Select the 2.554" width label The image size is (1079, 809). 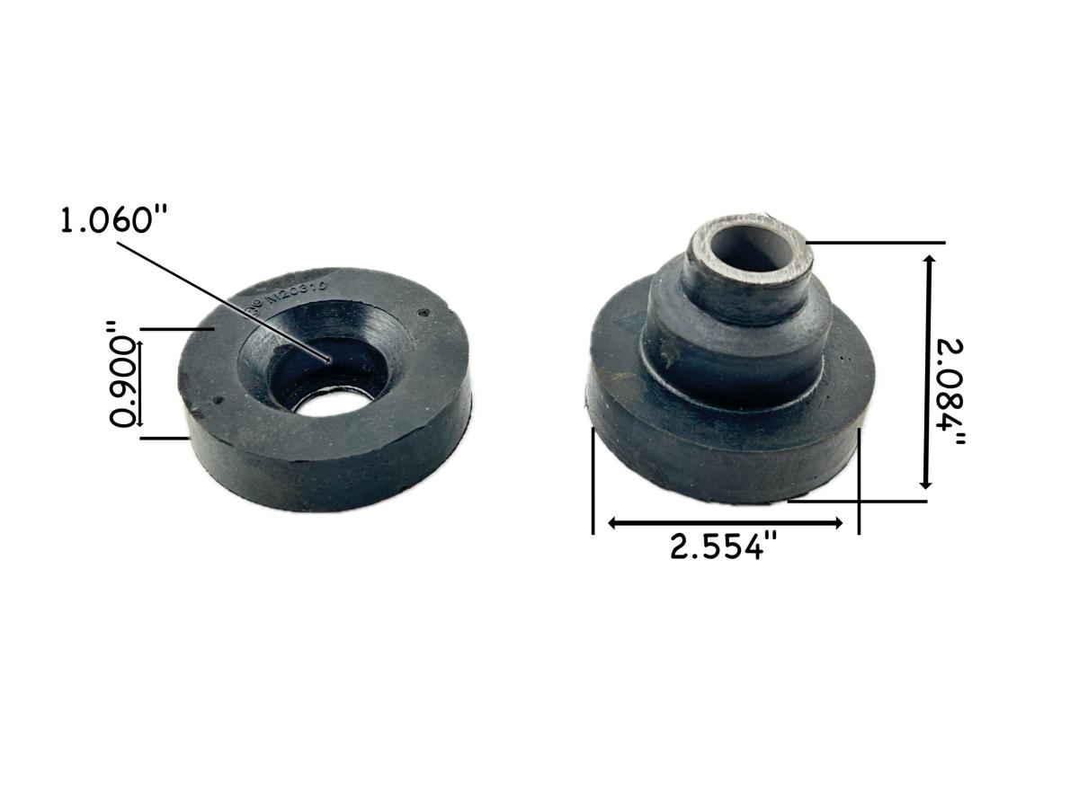722,547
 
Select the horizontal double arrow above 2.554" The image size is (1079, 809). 726,522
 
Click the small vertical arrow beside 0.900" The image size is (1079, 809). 139,382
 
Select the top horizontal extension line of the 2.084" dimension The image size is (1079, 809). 877,243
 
